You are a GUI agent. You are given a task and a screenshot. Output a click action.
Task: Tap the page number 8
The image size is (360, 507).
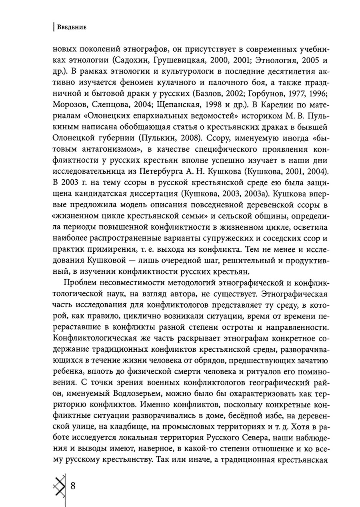73,486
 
